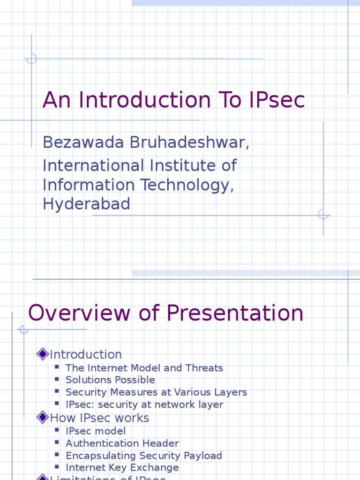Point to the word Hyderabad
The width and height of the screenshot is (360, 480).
(x=86, y=204)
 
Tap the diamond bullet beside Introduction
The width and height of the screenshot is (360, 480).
(x=43, y=354)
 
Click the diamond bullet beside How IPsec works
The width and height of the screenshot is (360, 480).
(x=43, y=417)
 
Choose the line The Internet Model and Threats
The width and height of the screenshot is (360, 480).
(x=144, y=368)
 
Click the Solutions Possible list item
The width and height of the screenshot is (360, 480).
(x=110, y=380)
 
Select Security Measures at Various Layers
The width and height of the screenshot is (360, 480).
(x=156, y=392)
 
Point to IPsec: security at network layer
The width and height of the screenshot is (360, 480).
(x=144, y=405)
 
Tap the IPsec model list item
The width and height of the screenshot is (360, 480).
(x=96, y=431)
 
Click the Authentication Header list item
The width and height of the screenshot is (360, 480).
(x=122, y=443)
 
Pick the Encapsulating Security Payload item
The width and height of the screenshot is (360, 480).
(x=144, y=455)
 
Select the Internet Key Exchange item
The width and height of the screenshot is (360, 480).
(x=122, y=467)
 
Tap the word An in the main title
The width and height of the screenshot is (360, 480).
(x=56, y=100)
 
